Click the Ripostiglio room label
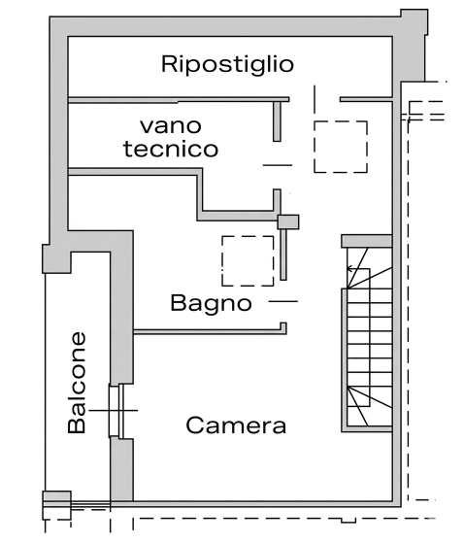[x=227, y=65]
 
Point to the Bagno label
[x=211, y=302]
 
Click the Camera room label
[x=236, y=425]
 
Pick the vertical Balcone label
[x=78, y=383]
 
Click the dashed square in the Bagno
[x=248, y=260]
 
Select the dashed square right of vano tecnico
[x=340, y=147]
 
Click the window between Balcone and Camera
[x=116, y=411]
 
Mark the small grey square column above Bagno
[x=288, y=221]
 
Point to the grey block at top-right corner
[x=414, y=44]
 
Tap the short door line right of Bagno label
[x=282, y=302]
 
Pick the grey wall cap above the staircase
[x=366, y=241]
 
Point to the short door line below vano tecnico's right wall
[x=277, y=165]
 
